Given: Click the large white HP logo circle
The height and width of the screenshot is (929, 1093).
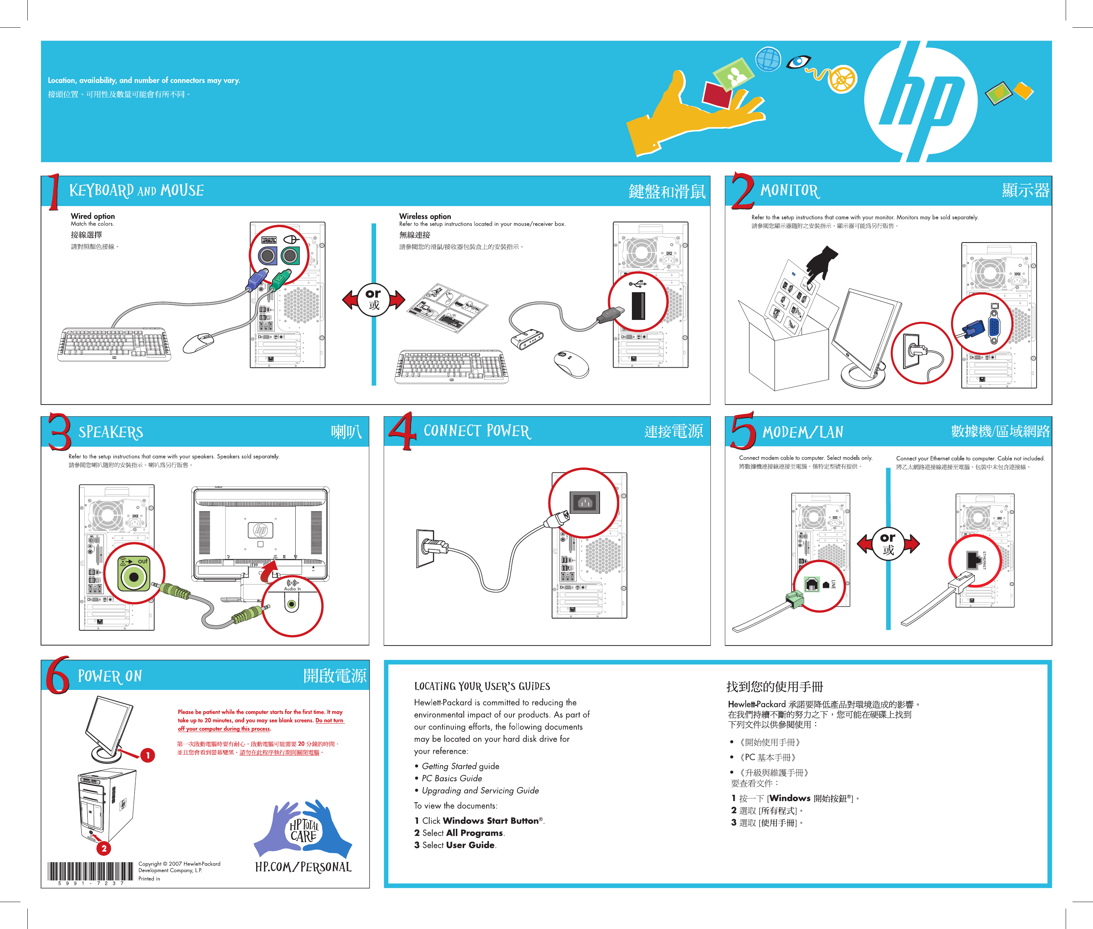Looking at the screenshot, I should [x=921, y=101].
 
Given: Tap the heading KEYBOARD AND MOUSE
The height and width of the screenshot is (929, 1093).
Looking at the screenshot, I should [x=136, y=190].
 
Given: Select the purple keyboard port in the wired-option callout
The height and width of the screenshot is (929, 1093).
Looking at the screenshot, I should [x=267, y=256].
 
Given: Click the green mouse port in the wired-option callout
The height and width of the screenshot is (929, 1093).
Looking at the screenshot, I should [x=290, y=256].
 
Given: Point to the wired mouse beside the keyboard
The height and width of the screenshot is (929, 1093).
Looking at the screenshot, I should [x=198, y=342].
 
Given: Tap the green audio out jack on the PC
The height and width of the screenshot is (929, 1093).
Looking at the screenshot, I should [x=134, y=577].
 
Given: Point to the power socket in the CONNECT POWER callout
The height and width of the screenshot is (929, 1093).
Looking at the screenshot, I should [x=585, y=502].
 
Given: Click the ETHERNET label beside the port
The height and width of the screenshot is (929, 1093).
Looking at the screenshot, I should [x=984, y=560].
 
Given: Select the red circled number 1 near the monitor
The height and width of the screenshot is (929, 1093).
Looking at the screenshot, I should [x=148, y=755].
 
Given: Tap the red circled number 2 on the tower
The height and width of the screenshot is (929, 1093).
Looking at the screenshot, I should [x=104, y=848].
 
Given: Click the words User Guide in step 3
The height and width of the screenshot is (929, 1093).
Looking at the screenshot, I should [x=470, y=845].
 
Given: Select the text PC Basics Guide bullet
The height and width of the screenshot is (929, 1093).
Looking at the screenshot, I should [x=451, y=778].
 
